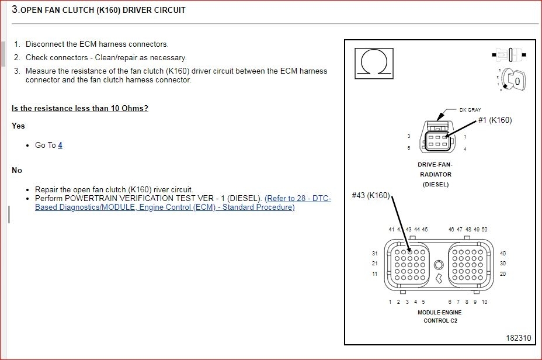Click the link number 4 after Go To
click(60, 145)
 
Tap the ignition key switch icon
click(510, 81)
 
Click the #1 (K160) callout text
click(495, 120)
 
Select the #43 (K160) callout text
click(370, 196)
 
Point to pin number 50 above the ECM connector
click(484, 230)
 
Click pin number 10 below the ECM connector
click(484, 302)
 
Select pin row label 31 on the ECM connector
click(375, 254)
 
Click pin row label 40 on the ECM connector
click(502, 254)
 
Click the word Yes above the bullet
click(18, 126)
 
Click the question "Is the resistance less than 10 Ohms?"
click(80, 108)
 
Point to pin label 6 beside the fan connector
click(409, 148)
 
